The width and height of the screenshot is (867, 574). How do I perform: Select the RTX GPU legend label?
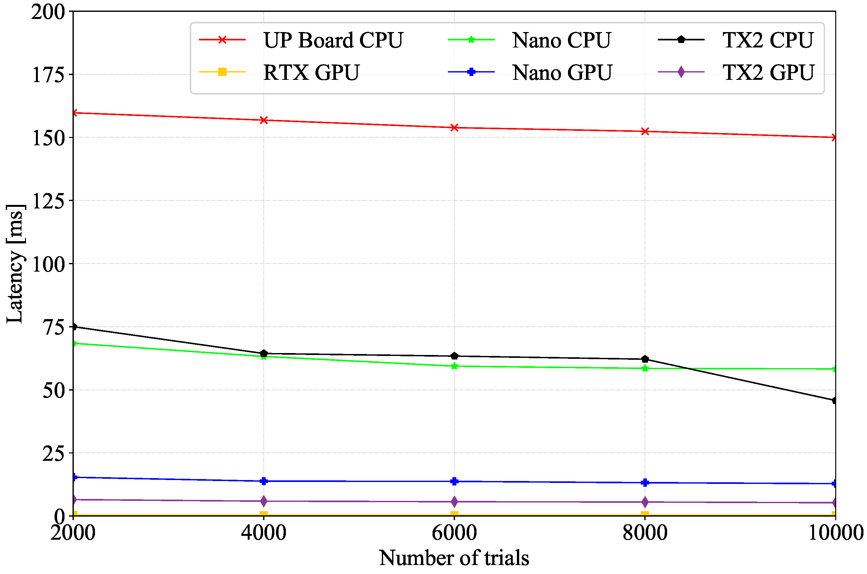tap(311, 72)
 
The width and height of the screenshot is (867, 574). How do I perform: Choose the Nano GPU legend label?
tap(562, 72)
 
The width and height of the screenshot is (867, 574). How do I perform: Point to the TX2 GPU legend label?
tap(768, 72)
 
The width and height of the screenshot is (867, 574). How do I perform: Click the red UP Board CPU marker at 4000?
tap(264, 120)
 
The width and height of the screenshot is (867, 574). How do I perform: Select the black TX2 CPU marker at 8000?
tap(645, 359)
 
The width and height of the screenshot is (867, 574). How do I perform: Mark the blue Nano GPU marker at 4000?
tap(264, 481)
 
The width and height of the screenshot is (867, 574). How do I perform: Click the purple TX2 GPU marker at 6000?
tap(454, 502)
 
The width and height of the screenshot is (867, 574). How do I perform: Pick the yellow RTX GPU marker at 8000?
tap(645, 514)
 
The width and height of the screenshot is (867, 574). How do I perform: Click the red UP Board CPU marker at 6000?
tap(454, 128)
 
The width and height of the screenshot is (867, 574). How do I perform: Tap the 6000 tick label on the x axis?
tap(454, 533)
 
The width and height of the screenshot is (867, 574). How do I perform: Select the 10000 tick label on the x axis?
tap(835, 533)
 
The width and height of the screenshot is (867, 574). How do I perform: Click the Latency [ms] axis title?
tap(15, 264)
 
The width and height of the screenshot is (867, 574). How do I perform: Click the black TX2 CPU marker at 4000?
tap(264, 354)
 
